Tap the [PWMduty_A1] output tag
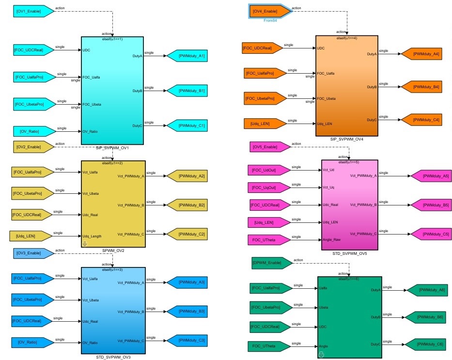186,56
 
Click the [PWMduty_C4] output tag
420,120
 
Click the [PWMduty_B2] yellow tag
186,205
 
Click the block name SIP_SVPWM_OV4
346,139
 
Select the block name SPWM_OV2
113,250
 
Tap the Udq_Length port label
92,236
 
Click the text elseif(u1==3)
113,269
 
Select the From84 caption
270,21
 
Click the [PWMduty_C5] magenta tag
426,234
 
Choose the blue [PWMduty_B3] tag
186,311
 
